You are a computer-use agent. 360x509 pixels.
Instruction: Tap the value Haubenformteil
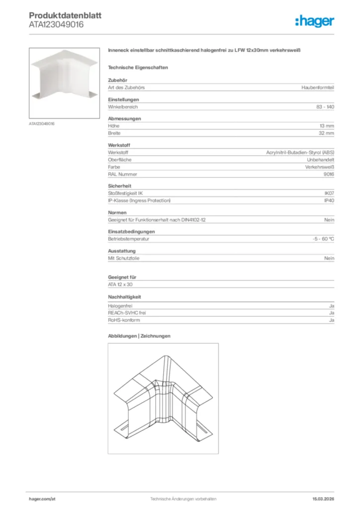click(x=317, y=87)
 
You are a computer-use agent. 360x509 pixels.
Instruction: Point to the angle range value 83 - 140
click(x=325, y=107)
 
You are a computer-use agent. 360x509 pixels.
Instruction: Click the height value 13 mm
click(x=327, y=126)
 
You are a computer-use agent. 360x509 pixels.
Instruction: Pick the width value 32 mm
click(x=326, y=133)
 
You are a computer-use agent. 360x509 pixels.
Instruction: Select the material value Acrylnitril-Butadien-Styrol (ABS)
click(x=300, y=153)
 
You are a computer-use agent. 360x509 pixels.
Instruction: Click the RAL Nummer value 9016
click(x=329, y=174)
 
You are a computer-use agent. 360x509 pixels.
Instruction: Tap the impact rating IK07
click(x=329, y=193)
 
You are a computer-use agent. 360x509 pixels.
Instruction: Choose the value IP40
click(x=329, y=200)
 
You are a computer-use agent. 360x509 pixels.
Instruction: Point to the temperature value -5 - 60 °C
click(x=320, y=239)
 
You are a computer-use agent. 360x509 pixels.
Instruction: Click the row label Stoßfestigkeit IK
click(x=126, y=193)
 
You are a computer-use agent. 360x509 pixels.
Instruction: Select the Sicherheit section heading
click(x=119, y=185)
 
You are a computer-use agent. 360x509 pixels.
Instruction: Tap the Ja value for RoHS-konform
click(x=331, y=321)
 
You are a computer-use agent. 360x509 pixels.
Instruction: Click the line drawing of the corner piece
click(x=163, y=398)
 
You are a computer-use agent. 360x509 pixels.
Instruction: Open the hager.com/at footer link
click(x=41, y=499)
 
